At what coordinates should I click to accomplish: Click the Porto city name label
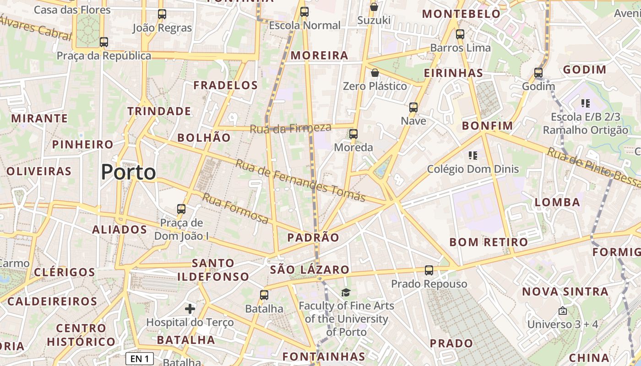pyautogui.click(x=128, y=172)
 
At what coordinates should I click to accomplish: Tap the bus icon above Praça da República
pyautogui.click(x=104, y=42)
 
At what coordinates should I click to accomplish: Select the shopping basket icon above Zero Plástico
pyautogui.click(x=375, y=73)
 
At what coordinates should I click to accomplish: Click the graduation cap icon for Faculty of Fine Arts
pyautogui.click(x=346, y=292)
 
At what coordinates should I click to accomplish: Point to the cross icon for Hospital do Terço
pyautogui.click(x=190, y=309)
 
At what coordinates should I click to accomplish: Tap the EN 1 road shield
pyautogui.click(x=139, y=359)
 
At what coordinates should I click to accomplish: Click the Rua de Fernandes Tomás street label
pyautogui.click(x=300, y=181)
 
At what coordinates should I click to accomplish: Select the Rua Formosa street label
pyautogui.click(x=235, y=209)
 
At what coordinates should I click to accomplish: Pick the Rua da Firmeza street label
pyautogui.click(x=290, y=129)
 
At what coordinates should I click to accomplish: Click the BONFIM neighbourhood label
pyautogui.click(x=488, y=126)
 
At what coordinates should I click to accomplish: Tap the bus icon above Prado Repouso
pyautogui.click(x=429, y=270)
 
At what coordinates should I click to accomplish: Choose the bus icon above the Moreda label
pyautogui.click(x=353, y=134)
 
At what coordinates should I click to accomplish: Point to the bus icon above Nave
pyautogui.click(x=413, y=108)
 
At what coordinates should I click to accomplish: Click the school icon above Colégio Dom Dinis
pyautogui.click(x=473, y=156)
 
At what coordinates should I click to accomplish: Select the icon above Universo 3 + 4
pyautogui.click(x=563, y=311)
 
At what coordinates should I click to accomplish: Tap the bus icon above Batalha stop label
pyautogui.click(x=264, y=295)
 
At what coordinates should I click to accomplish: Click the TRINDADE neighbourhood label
pyautogui.click(x=159, y=111)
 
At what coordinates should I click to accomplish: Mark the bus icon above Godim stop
pyautogui.click(x=538, y=73)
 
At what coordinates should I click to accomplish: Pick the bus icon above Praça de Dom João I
pyautogui.click(x=181, y=209)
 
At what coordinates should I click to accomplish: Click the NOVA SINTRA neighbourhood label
pyautogui.click(x=565, y=291)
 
